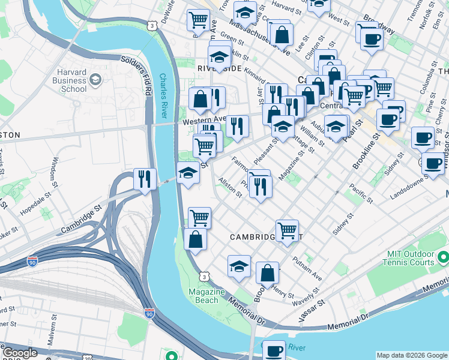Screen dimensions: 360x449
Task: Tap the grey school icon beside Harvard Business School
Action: click(95, 79)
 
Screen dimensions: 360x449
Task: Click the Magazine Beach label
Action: click(207, 296)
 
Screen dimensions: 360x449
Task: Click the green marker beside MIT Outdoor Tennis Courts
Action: click(443, 257)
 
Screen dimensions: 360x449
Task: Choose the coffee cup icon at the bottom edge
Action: click(274, 350)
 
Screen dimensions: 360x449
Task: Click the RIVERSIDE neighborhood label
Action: click(219, 69)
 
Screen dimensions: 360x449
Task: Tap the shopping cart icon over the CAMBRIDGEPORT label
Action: click(288, 229)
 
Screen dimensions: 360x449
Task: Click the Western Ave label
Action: click(203, 119)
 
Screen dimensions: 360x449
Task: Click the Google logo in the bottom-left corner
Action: click(19, 353)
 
